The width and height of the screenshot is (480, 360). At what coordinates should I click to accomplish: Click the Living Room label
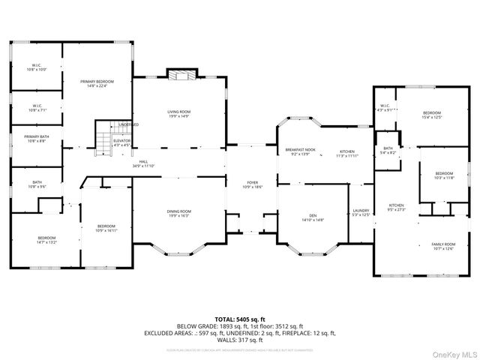tap(178, 114)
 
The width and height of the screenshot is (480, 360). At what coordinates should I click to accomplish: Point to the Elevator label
tap(121, 142)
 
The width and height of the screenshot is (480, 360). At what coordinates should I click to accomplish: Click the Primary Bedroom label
tap(97, 83)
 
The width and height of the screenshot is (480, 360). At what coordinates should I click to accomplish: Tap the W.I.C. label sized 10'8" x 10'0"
tap(37, 67)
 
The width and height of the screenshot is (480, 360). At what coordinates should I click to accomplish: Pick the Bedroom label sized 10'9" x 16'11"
tap(106, 229)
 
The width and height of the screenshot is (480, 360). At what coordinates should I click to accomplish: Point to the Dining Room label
tap(178, 214)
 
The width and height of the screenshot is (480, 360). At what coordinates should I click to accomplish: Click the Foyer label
tap(253, 184)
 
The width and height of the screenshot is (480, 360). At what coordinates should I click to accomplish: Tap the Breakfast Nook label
tap(300, 152)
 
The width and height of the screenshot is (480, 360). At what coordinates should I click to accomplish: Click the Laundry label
tap(361, 214)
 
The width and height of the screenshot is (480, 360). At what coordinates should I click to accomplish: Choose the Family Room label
tap(442, 247)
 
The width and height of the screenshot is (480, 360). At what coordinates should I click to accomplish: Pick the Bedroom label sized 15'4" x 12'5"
tap(430, 114)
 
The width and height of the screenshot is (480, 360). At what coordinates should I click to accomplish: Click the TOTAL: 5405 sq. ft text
tap(239, 319)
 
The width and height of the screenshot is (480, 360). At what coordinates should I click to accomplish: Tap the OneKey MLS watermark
tap(452, 353)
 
